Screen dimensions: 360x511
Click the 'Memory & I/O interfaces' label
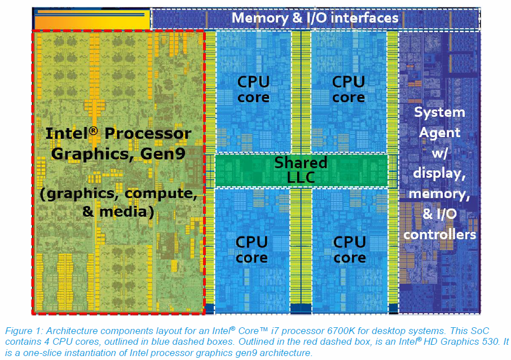coord(315,17)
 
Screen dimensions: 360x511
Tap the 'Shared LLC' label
coord(301,170)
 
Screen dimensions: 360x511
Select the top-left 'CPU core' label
coord(253,90)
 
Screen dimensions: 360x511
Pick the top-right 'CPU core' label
coord(349,90)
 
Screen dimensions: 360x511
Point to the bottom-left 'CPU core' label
coord(252,250)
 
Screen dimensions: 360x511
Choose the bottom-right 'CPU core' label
coord(350,250)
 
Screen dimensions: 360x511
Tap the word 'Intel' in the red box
coord(65,134)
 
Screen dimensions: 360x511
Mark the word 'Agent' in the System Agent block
coord(439,133)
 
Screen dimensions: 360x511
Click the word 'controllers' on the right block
coord(439,234)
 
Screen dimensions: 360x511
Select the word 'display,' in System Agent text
coord(440,173)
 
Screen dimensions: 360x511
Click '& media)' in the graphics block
coord(118,213)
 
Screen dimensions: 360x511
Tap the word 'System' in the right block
coord(439,112)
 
